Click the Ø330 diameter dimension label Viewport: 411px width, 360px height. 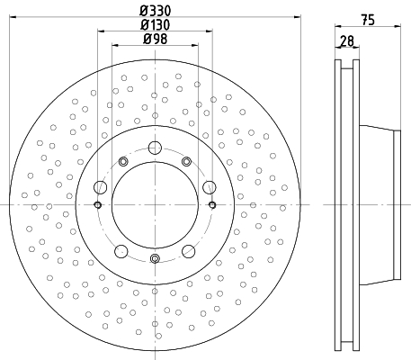[x=156, y=11]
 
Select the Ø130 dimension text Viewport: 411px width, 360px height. [x=156, y=25]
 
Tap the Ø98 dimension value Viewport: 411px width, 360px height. [x=156, y=39]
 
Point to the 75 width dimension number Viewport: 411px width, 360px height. [x=368, y=20]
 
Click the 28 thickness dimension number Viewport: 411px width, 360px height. [x=347, y=40]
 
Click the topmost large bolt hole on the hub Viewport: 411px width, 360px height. [x=155, y=148]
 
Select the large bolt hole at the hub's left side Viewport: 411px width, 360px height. [x=101, y=187]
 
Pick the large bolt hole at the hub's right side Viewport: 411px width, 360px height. [x=210, y=187]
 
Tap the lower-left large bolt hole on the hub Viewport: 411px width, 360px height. [x=121, y=251]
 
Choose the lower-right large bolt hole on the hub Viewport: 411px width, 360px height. [x=189, y=251]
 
